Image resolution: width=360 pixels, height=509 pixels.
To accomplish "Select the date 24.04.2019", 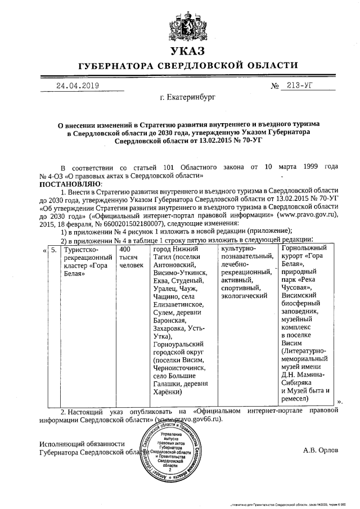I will pyautogui.click(x=77, y=85).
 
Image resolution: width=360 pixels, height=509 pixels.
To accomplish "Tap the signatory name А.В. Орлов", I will pyautogui.click(x=321, y=450).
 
